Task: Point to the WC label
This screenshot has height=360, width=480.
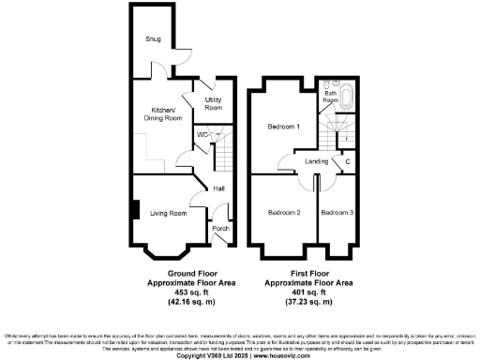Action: [x=201, y=133]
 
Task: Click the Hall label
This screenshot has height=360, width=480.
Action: [x=218, y=188]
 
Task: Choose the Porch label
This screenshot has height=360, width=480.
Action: [x=220, y=229]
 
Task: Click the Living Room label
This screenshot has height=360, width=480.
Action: [x=169, y=214]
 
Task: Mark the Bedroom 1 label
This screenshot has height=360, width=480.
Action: [x=282, y=127]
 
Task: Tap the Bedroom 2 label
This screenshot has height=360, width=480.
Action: [x=284, y=213]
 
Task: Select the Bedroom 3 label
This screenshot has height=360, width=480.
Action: [x=337, y=213]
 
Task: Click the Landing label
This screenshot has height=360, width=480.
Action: [x=317, y=162]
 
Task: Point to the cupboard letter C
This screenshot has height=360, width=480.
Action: [x=348, y=162]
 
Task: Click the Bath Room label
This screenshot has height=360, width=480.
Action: [x=330, y=96]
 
